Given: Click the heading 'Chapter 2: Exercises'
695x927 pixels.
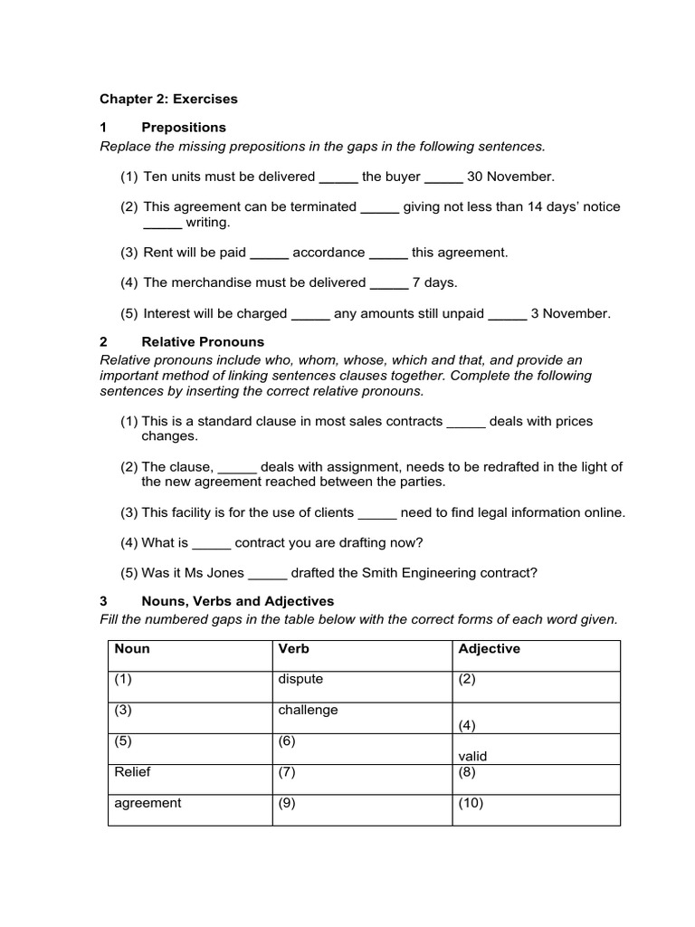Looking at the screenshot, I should pos(168,98).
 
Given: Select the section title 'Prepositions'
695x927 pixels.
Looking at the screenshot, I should pos(184,127).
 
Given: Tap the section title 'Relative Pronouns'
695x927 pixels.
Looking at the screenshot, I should pos(203,341).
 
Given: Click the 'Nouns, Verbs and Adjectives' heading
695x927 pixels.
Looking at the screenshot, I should pos(237,600).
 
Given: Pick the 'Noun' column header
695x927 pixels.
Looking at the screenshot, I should pos(132,649).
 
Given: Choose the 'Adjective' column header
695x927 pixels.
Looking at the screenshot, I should pos(489,649).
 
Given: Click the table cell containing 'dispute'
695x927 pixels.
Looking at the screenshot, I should pos(300,679).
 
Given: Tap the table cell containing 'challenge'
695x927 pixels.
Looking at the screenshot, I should pos(308,710).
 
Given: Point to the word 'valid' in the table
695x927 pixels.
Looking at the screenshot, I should pos(473,756).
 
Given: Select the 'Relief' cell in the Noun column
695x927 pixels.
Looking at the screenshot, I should pos(132,772).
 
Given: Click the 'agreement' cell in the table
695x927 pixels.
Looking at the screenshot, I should pos(148,803).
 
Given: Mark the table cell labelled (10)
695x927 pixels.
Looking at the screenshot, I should pos(471,803).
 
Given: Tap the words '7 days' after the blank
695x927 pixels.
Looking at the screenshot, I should pos(434,282).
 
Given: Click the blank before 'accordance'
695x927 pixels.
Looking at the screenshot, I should pos(269,253).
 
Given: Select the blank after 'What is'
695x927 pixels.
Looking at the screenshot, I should pos(213,542).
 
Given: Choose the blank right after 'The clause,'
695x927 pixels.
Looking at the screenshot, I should pos(238,466).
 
